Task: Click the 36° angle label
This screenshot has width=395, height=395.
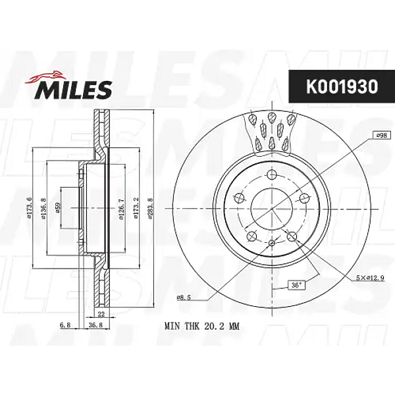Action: (x=297, y=286)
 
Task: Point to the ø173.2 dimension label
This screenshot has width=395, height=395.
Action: (x=136, y=209)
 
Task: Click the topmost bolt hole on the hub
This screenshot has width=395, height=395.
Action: (x=271, y=175)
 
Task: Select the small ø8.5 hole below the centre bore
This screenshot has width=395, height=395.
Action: (x=271, y=244)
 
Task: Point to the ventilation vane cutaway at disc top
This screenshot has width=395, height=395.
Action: (x=271, y=128)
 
